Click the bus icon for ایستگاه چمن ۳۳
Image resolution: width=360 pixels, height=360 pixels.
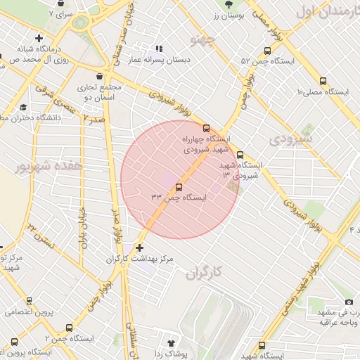point(178,187)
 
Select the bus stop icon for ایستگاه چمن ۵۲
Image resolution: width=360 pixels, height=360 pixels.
point(266,51)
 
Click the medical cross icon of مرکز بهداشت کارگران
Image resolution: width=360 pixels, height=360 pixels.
point(139,247)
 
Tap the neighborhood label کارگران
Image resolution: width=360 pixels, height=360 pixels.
point(205,272)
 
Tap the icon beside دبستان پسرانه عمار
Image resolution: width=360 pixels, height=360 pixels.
point(159,49)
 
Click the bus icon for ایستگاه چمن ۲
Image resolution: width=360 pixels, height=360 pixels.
point(68,328)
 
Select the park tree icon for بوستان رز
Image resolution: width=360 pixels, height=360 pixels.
point(226,4)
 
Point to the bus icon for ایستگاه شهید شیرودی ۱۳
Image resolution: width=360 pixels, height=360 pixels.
point(240,155)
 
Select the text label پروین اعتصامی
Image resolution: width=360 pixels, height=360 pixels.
point(28,311)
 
